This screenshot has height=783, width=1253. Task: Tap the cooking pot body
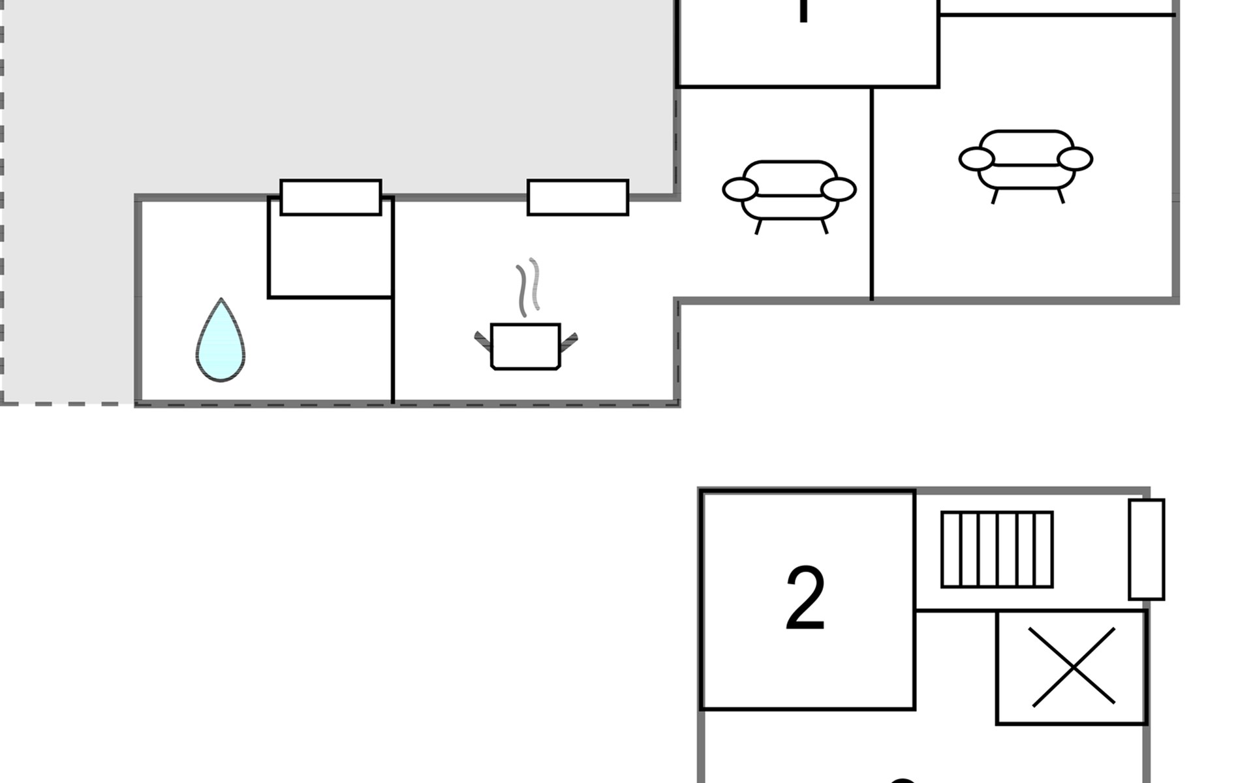pos(525,346)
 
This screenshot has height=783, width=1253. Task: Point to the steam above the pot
pos(529,287)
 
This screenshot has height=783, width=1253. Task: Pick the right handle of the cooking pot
pos(569,339)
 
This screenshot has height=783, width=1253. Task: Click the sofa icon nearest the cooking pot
pos(789,192)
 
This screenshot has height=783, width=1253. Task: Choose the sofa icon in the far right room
pos(1025,162)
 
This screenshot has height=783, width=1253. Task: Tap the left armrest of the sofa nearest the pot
pos(740,190)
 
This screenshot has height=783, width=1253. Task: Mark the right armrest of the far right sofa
pos(1075,159)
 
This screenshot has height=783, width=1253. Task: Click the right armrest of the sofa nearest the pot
pos(838,190)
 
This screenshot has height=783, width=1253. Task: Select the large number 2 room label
pos(805,598)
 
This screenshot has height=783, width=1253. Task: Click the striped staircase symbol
pos(997,549)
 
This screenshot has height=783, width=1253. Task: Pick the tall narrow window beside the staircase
pos(1146,549)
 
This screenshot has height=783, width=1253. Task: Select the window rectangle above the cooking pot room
pos(578,197)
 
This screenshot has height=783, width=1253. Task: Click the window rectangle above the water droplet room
pos(330,197)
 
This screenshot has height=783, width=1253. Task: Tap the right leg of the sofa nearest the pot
pos(824,226)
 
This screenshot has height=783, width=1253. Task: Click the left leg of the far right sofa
pos(995,196)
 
